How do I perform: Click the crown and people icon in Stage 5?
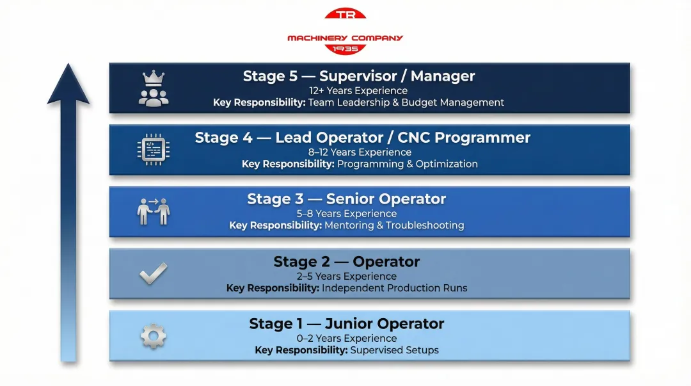154,88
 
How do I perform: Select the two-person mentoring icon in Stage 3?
154,211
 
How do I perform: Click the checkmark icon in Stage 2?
154,274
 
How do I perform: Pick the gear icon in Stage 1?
154,336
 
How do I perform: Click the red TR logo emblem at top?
345,15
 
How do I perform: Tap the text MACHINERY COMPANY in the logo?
345,38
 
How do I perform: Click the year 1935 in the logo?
345,49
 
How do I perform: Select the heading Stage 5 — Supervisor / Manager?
359,76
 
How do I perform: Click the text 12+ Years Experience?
358,91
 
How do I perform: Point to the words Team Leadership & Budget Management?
406,102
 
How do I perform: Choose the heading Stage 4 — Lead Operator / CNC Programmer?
362,138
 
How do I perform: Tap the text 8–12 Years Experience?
359,152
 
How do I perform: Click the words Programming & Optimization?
408,164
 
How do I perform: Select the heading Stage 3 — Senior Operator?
346,199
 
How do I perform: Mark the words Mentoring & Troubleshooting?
394,225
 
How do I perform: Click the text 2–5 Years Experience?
346,277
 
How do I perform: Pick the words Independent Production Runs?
394,288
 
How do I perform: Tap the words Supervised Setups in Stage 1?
395,350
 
